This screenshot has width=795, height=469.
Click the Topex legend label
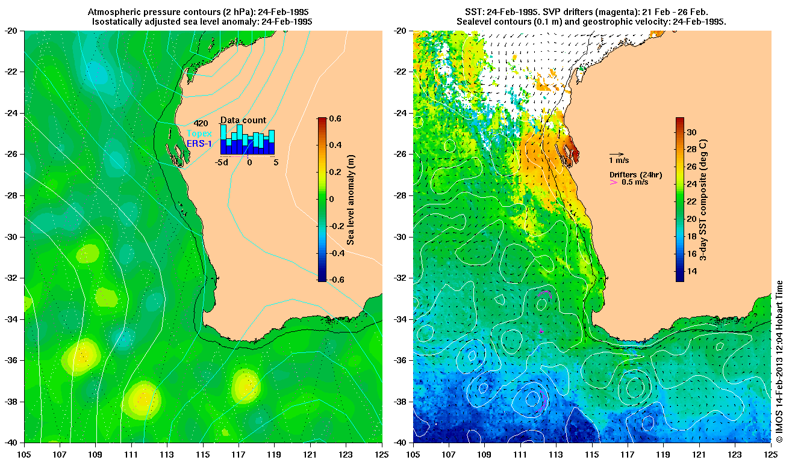198,133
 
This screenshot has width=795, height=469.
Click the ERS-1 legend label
198,143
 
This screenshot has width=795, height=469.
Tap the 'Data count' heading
243,120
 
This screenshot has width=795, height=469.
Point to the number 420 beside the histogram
201,124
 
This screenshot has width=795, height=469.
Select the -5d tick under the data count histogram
222,162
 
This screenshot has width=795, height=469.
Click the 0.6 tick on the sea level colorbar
335,119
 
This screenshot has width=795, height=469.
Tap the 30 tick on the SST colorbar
692,132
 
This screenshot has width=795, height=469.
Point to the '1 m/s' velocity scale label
620,161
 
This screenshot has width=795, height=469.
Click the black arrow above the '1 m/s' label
616,154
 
